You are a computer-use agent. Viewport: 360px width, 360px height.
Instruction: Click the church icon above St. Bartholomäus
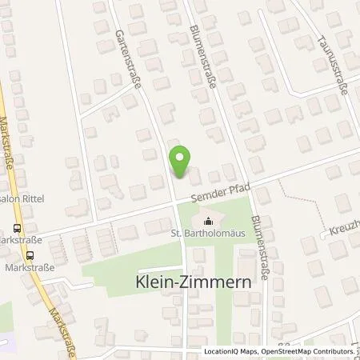pyautogui.click(x=210, y=222)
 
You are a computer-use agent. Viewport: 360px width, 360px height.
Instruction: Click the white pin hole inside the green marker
pyautogui.click(x=180, y=157)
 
